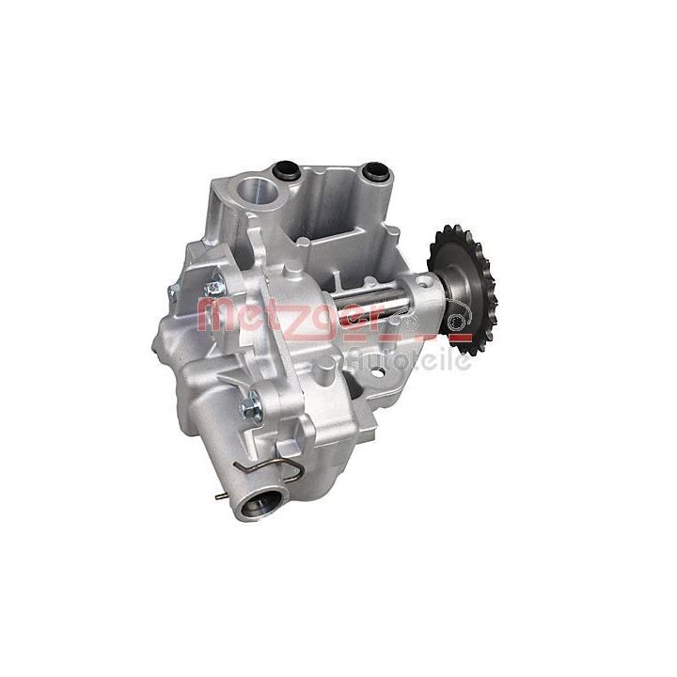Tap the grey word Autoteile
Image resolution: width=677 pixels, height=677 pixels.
[407, 358]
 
